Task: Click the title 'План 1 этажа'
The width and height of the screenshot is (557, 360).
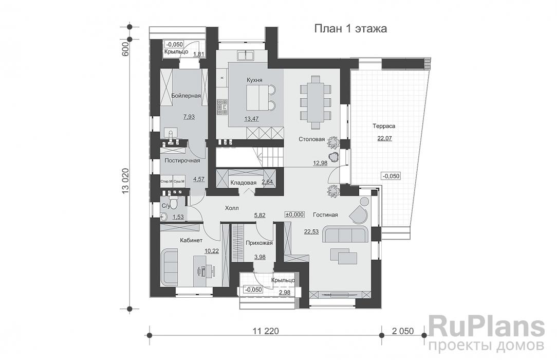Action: click(350, 29)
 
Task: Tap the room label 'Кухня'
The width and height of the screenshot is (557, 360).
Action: click(254, 80)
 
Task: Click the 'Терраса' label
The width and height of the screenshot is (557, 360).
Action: click(384, 125)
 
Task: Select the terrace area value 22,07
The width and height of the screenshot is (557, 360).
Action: click(384, 138)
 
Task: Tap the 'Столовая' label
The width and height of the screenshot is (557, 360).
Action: click(312, 139)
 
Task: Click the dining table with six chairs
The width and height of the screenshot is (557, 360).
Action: click(314, 101)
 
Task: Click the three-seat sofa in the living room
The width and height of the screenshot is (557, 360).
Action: click(346, 235)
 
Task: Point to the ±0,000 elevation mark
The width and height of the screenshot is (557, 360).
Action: click(295, 214)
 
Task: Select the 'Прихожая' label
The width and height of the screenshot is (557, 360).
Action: click(259, 243)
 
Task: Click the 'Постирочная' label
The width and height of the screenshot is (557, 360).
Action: click(182, 160)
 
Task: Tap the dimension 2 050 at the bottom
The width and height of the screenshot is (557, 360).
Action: click(402, 331)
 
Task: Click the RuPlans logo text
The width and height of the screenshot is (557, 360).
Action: click(486, 327)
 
